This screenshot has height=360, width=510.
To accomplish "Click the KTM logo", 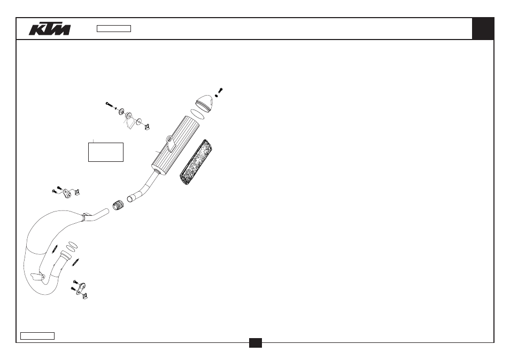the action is click(x=49, y=29).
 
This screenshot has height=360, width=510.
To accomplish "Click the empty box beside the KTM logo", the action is click(x=114, y=29).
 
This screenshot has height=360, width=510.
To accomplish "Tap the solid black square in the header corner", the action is click(x=483, y=29).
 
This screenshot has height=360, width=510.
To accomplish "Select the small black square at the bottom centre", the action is click(x=256, y=343).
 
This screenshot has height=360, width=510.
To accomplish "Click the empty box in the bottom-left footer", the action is click(x=37, y=336).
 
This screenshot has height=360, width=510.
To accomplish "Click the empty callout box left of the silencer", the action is click(x=106, y=152).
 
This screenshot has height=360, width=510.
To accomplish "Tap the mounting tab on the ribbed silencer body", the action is click(x=171, y=143).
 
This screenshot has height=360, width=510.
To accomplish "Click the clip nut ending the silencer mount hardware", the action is click(x=147, y=127).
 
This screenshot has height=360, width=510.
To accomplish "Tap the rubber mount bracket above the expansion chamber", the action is click(x=67, y=194).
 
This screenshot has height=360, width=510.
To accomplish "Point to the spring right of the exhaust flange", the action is click(x=76, y=262).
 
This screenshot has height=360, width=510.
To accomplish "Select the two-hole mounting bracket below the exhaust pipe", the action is click(x=81, y=288).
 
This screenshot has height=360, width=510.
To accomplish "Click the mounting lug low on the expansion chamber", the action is click(x=37, y=277).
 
